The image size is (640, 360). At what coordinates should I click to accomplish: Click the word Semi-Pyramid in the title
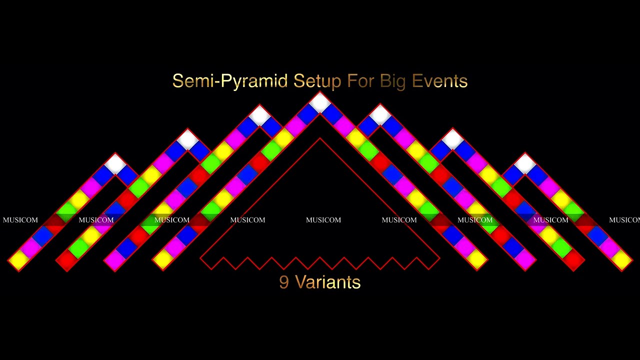coord(230,81)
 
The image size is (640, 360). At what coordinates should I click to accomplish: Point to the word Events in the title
coord(439,81)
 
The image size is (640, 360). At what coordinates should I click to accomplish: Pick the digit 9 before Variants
coord(284,282)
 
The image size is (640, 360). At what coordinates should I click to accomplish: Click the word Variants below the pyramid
coord(327,282)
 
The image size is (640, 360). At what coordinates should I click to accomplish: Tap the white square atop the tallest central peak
coord(320,102)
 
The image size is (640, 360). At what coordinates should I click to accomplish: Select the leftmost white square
coord(115,163)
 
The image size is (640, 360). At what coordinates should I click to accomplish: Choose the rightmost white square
coord(525,163)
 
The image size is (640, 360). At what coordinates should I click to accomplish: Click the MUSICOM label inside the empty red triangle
coord(323,220)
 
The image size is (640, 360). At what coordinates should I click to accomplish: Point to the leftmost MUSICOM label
coord(20,220)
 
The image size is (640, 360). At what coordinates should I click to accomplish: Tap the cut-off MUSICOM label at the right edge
coord(624,220)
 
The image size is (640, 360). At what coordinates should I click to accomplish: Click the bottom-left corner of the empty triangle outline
coord(200,258)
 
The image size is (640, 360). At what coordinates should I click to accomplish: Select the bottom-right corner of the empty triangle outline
coord(439,258)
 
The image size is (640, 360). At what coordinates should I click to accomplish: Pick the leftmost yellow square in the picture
coord(18,259)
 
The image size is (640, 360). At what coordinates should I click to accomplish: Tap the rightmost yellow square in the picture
coord(621,259)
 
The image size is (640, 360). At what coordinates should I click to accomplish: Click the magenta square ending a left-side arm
coord(115,259)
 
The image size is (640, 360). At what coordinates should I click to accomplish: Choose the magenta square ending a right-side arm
coord(525,259)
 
